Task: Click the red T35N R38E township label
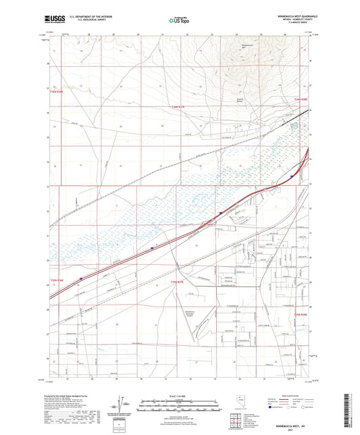(x=301, y=313)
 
